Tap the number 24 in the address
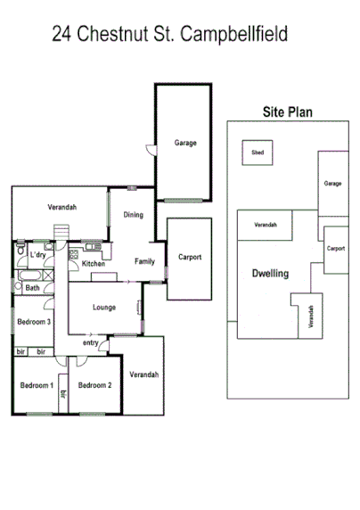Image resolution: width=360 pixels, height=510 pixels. point(62,35)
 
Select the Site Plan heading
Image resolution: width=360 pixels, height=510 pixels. point(285,112)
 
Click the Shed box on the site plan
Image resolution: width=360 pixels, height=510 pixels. point(258,152)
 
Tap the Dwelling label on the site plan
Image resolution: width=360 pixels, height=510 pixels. point(270,274)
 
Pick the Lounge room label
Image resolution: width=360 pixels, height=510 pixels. point(104,308)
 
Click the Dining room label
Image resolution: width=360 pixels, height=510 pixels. point(133,215)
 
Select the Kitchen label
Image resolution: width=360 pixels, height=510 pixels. point(94,264)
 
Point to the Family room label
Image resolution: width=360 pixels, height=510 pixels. point(144,261)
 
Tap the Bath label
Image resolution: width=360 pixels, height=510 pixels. point(32,288)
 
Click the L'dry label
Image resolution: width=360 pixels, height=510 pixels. point(37,256)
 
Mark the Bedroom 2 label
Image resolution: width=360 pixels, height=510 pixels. point(94,385)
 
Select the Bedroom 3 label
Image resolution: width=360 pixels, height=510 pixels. point(34,322)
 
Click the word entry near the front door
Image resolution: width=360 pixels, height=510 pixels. point(91,343)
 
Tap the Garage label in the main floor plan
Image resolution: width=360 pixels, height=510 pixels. point(185,143)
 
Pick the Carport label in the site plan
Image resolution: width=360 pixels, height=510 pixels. point(335,248)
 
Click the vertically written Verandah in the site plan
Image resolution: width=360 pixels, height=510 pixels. point(311,318)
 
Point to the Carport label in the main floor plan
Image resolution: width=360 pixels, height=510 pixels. point(189,258)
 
